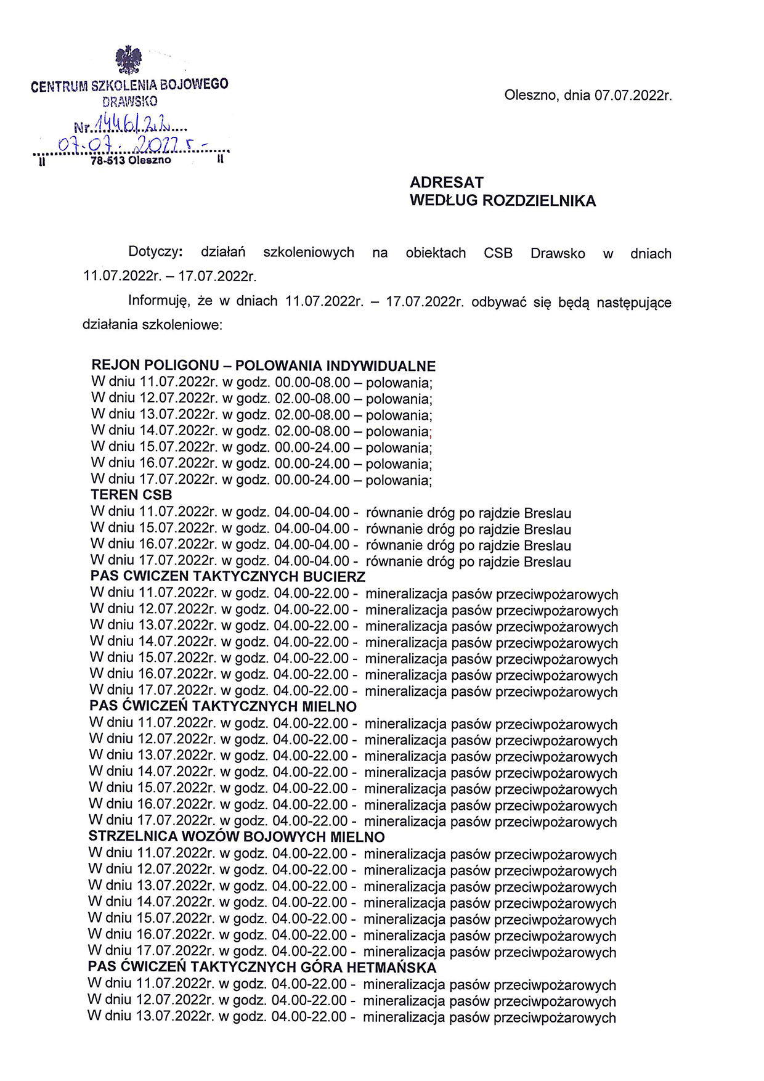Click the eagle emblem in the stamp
[x=129, y=60]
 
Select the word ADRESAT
[x=447, y=182]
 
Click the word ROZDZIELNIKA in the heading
[x=539, y=201]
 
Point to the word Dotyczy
[x=155, y=253]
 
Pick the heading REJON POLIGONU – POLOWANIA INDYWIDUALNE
[x=263, y=366]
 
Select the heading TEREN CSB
[x=131, y=495]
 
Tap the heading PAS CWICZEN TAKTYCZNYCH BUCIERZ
[x=227, y=577]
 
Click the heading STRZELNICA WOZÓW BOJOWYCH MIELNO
[x=237, y=837]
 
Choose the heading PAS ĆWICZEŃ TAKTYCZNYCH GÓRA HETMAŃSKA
[x=262, y=967]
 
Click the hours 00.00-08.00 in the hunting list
[x=312, y=383]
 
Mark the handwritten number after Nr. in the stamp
[x=130, y=126]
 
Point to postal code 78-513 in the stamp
[x=108, y=160]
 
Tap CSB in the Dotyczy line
[x=498, y=253]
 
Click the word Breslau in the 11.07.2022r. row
[x=547, y=513]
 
